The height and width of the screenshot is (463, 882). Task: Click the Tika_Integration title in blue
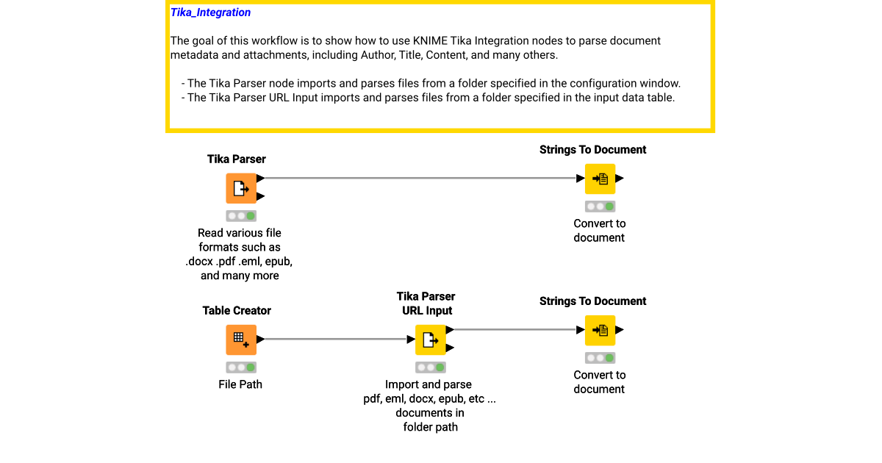pos(210,12)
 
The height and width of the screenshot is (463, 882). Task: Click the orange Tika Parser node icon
pos(240,188)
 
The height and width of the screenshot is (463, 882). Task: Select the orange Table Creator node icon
pos(240,340)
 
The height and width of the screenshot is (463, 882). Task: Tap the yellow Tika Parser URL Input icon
pos(431,340)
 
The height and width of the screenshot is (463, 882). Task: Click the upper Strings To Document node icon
pos(600,179)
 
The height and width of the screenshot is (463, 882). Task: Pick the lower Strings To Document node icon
pos(600,330)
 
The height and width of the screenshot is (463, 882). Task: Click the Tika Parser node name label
pos(236,159)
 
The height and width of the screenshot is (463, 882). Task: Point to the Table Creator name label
pos(237,310)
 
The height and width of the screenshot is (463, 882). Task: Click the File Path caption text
pos(240,384)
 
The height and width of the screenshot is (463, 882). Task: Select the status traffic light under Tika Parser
pos(241,216)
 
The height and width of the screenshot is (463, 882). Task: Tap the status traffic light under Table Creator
pos(241,367)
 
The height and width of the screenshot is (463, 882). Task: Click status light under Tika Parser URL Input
pos(431,367)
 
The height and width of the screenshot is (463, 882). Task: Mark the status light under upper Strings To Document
pos(600,207)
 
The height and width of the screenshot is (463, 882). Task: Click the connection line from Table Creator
pos(334,340)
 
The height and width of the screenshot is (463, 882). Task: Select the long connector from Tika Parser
pos(419,178)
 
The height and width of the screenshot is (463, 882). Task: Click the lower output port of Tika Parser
pos(261,196)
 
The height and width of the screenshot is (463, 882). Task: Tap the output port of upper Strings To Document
pos(620,178)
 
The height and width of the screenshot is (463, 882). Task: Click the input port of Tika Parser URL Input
pos(412,340)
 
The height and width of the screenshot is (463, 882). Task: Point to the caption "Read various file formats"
pos(240,240)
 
